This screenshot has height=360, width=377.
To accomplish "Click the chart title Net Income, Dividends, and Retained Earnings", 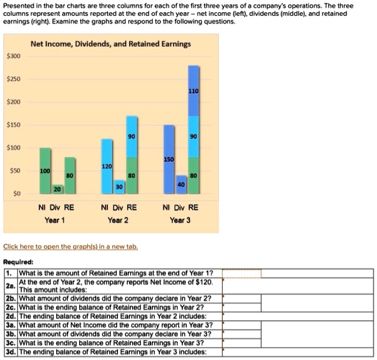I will [x=110, y=44].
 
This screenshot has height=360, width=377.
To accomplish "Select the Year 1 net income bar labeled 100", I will [x=45, y=171].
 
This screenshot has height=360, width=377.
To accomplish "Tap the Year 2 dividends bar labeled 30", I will [x=119, y=186].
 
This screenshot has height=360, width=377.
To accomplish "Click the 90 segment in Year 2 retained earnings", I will [x=132, y=137].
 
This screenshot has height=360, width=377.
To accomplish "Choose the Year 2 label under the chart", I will [x=119, y=220].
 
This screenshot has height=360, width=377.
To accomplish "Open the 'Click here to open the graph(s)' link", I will [x=70, y=247].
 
